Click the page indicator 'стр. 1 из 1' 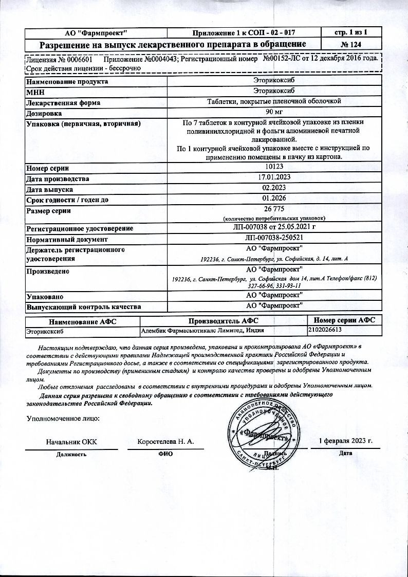click(x=351, y=32)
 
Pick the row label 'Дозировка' click(x=44, y=113)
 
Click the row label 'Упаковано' click(x=45, y=296)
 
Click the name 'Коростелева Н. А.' click(x=165, y=442)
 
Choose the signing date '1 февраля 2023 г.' click(x=346, y=441)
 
